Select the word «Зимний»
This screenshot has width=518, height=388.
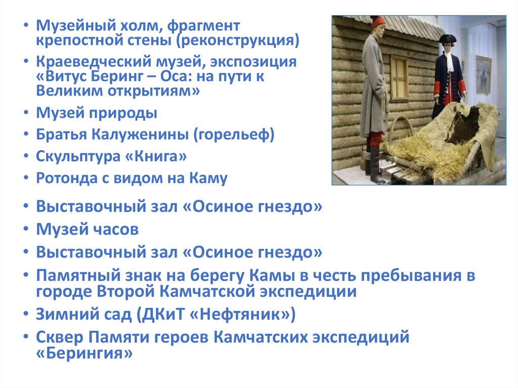point(65,314)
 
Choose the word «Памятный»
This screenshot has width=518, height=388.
point(74,276)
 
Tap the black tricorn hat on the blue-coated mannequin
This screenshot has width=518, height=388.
point(447,39)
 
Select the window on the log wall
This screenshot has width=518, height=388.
point(399,78)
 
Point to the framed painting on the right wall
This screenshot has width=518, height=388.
point(483,75)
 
